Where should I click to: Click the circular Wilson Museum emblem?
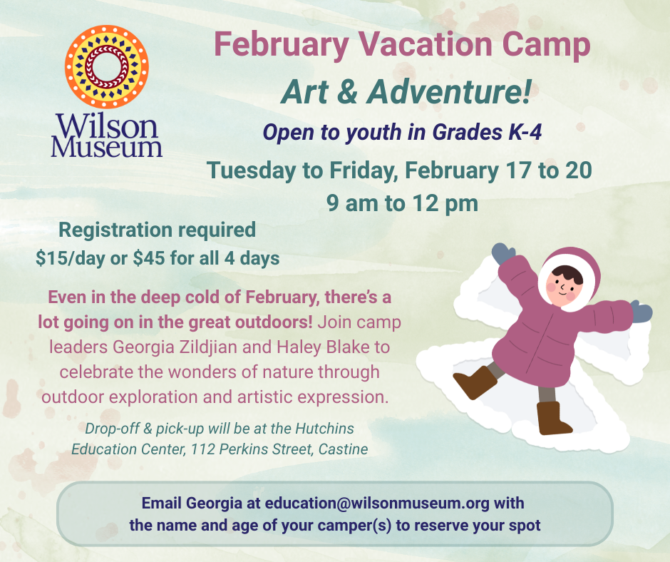point(106,66)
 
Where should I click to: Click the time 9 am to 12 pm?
point(401,203)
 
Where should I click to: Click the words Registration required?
point(157,230)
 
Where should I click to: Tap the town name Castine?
point(344,449)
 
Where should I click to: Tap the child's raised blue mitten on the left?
point(502,252)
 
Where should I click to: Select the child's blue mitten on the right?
point(641,311)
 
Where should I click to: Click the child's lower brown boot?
point(554,419)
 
